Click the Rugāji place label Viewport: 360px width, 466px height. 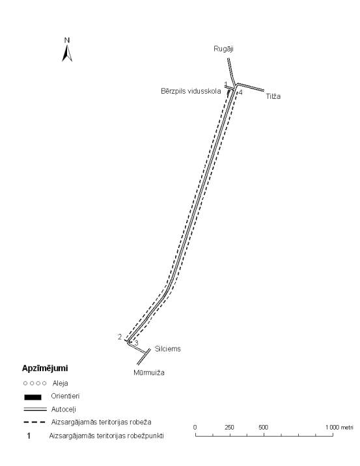[x=223, y=49]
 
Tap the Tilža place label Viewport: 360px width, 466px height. [x=273, y=96]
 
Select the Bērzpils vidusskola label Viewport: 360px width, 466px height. [x=191, y=91]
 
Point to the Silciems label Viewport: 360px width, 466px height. [x=168, y=349]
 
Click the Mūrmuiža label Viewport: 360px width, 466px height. [x=149, y=372]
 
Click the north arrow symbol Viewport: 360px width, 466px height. [x=67, y=53]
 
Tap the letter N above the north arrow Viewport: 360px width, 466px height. [x=67, y=40]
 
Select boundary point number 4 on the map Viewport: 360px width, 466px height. [x=240, y=92]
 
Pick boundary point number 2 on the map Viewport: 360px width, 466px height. [x=120, y=337]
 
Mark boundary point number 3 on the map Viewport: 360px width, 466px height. [x=136, y=343]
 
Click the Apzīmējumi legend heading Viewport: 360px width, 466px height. [x=45, y=368]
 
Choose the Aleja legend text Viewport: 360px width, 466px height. [x=61, y=383]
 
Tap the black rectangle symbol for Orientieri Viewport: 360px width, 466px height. [x=33, y=397]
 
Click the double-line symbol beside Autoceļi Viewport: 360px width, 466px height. [x=35, y=409]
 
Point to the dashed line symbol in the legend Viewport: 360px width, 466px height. [x=35, y=422]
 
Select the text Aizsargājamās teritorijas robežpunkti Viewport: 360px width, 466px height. [x=106, y=436]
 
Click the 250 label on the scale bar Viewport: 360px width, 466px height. [x=229, y=428]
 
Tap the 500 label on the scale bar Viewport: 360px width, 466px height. [x=263, y=428]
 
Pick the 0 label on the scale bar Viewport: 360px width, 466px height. [x=195, y=428]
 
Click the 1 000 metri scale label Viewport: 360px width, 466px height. [x=339, y=428]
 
